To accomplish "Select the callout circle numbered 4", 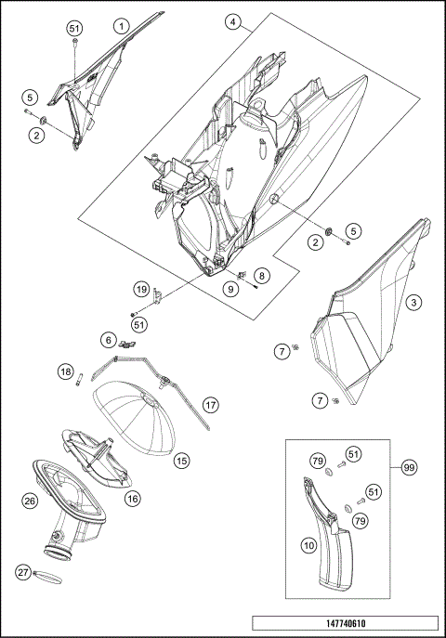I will pyautogui.click(x=233, y=20).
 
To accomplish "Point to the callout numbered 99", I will pyautogui.click(x=409, y=468).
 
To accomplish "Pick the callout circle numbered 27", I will pyautogui.click(x=24, y=573).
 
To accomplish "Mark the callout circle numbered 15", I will pyautogui.click(x=182, y=460).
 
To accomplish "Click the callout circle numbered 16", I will pyautogui.click(x=133, y=499).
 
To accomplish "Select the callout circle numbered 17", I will pyautogui.click(x=212, y=405).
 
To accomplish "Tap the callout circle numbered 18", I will pyautogui.click(x=65, y=371).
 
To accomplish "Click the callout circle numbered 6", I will pyautogui.click(x=109, y=340).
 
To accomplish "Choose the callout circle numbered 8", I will pyautogui.click(x=262, y=276).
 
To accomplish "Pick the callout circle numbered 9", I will pyautogui.click(x=230, y=289).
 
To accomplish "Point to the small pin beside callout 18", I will pyautogui.click(x=81, y=377).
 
